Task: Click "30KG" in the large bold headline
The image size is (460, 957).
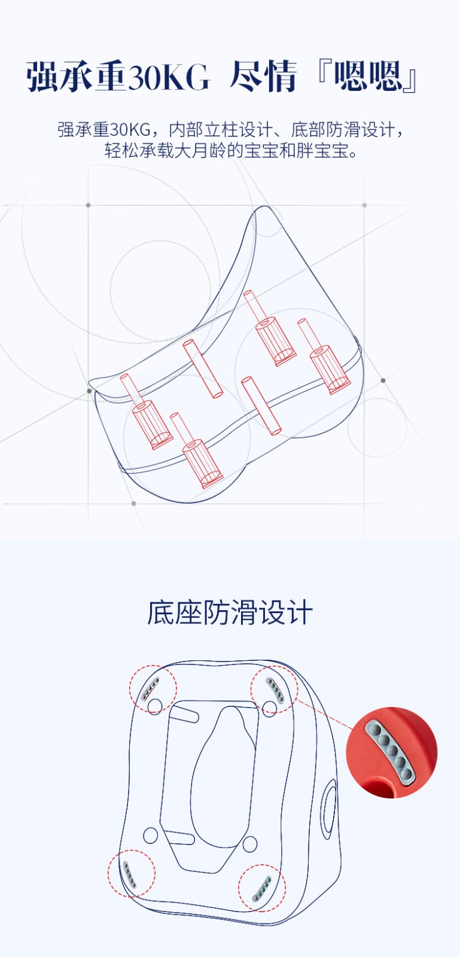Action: coord(169,77)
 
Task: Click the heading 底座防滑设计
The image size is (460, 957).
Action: coord(230,612)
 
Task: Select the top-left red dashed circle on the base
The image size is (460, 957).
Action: coord(153,689)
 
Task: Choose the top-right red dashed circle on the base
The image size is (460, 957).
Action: coord(274,689)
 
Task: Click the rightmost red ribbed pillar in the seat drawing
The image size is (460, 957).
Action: coord(325,356)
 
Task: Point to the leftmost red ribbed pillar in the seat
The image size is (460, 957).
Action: coord(147,412)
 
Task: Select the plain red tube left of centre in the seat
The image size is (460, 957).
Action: coord(203,368)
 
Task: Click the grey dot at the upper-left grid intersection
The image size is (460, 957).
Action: coord(89,205)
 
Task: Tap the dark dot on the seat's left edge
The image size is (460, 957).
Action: coord(89,391)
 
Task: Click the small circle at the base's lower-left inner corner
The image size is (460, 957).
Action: coord(150,835)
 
